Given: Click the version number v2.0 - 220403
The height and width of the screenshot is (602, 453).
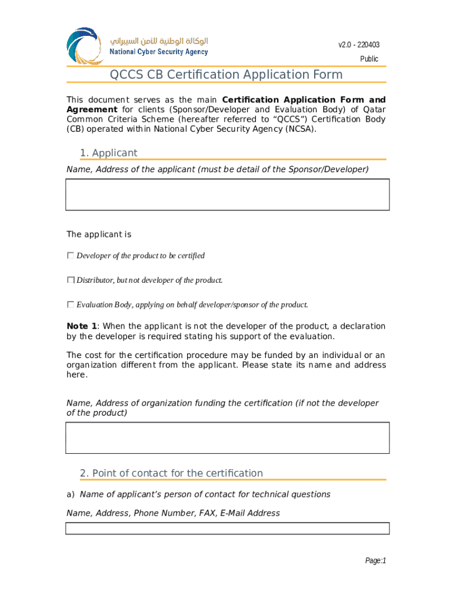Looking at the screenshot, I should pos(358,45).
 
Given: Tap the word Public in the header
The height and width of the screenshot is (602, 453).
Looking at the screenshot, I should pos(369,59).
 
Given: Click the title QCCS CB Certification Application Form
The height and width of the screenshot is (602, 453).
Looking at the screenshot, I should pos(226,75).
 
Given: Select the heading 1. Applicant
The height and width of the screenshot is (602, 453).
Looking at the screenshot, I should pos(108,153).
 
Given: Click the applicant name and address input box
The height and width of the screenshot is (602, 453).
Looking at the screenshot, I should pos(227,195).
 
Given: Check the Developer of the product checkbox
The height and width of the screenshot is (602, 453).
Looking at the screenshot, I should pos(71,256).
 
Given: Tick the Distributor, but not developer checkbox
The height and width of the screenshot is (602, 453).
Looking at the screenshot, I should pos(71,280).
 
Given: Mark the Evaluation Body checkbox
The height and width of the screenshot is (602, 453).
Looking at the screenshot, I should pos(71,305).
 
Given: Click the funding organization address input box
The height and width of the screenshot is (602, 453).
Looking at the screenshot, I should pos(227,438).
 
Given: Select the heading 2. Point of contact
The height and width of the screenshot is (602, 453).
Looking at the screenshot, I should pos(171,473).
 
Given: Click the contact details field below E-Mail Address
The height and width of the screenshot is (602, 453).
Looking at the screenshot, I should pos(227,529).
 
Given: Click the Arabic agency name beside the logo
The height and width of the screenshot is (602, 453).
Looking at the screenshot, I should pos(159,41).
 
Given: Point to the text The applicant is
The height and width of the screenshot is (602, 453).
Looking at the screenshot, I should pos(99,235).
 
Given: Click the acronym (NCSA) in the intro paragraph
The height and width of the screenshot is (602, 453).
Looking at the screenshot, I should pos(300,129).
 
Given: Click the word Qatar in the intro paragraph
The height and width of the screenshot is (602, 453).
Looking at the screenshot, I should pos(374,109).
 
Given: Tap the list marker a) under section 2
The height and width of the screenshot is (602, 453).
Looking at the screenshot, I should pos(71,494).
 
